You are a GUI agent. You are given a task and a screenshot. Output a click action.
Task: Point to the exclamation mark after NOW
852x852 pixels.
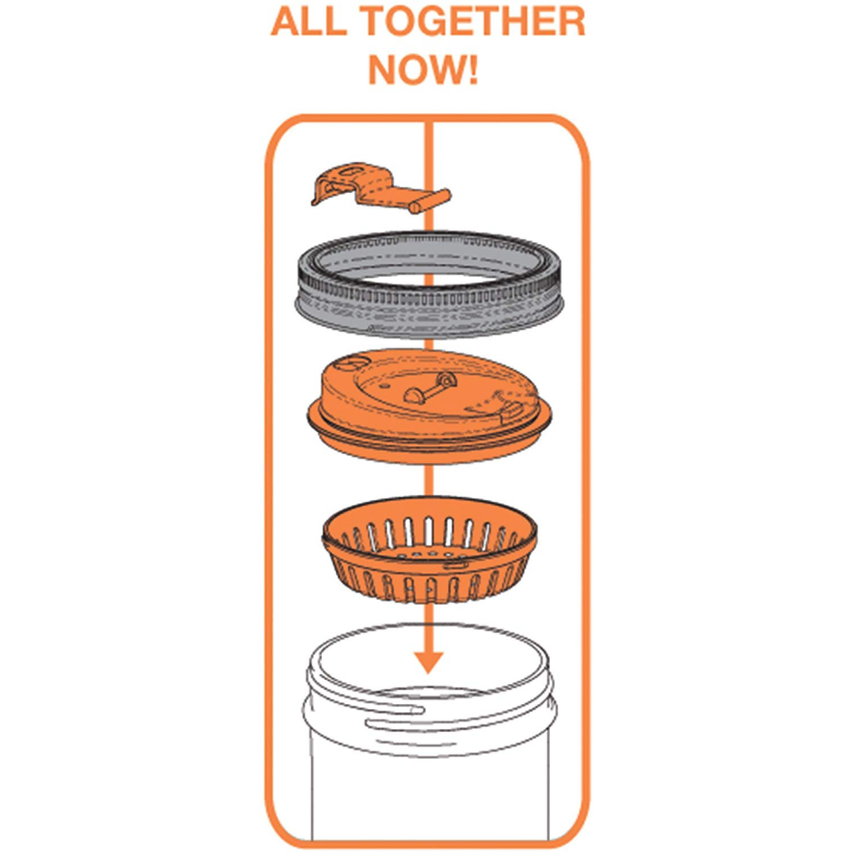click(x=472, y=69)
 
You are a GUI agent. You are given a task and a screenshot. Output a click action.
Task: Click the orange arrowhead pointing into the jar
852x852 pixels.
click(x=428, y=659)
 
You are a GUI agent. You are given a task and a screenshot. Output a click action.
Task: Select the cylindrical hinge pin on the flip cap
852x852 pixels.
click(x=430, y=201)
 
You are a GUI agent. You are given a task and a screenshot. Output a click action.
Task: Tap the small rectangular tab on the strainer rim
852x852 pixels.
click(x=455, y=564)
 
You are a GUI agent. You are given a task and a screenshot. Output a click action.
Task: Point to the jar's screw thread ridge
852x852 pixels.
click(x=391, y=708)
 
